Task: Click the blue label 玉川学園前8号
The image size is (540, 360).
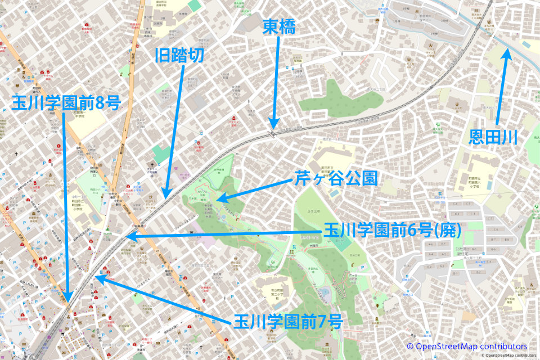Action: pos(65,103)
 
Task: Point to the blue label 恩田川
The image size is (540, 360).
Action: pos(494,137)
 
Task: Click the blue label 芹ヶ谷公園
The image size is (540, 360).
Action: pos(335,179)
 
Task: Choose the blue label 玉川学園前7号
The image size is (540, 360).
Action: pos(287,322)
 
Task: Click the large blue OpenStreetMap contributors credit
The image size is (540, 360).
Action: pos(467,346)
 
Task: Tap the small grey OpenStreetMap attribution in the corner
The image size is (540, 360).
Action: pos(510,355)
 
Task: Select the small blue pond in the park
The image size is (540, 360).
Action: pos(325,293)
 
